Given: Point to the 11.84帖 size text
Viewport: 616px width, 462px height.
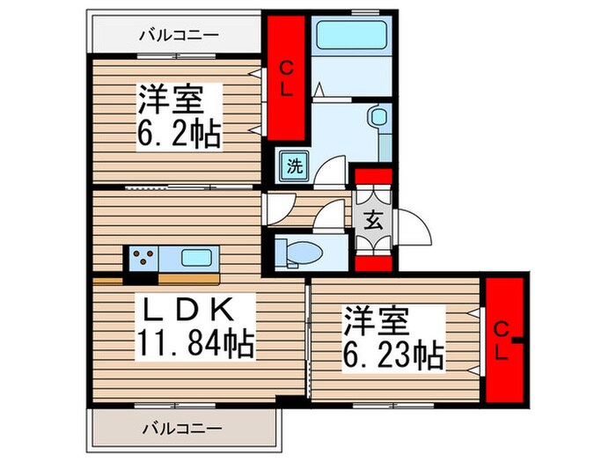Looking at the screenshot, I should point(194,342).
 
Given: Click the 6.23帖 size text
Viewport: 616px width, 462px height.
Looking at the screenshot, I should point(392,355).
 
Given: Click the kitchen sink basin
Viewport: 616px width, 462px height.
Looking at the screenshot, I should point(194,258).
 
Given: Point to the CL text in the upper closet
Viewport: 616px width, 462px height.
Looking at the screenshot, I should point(286,78).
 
